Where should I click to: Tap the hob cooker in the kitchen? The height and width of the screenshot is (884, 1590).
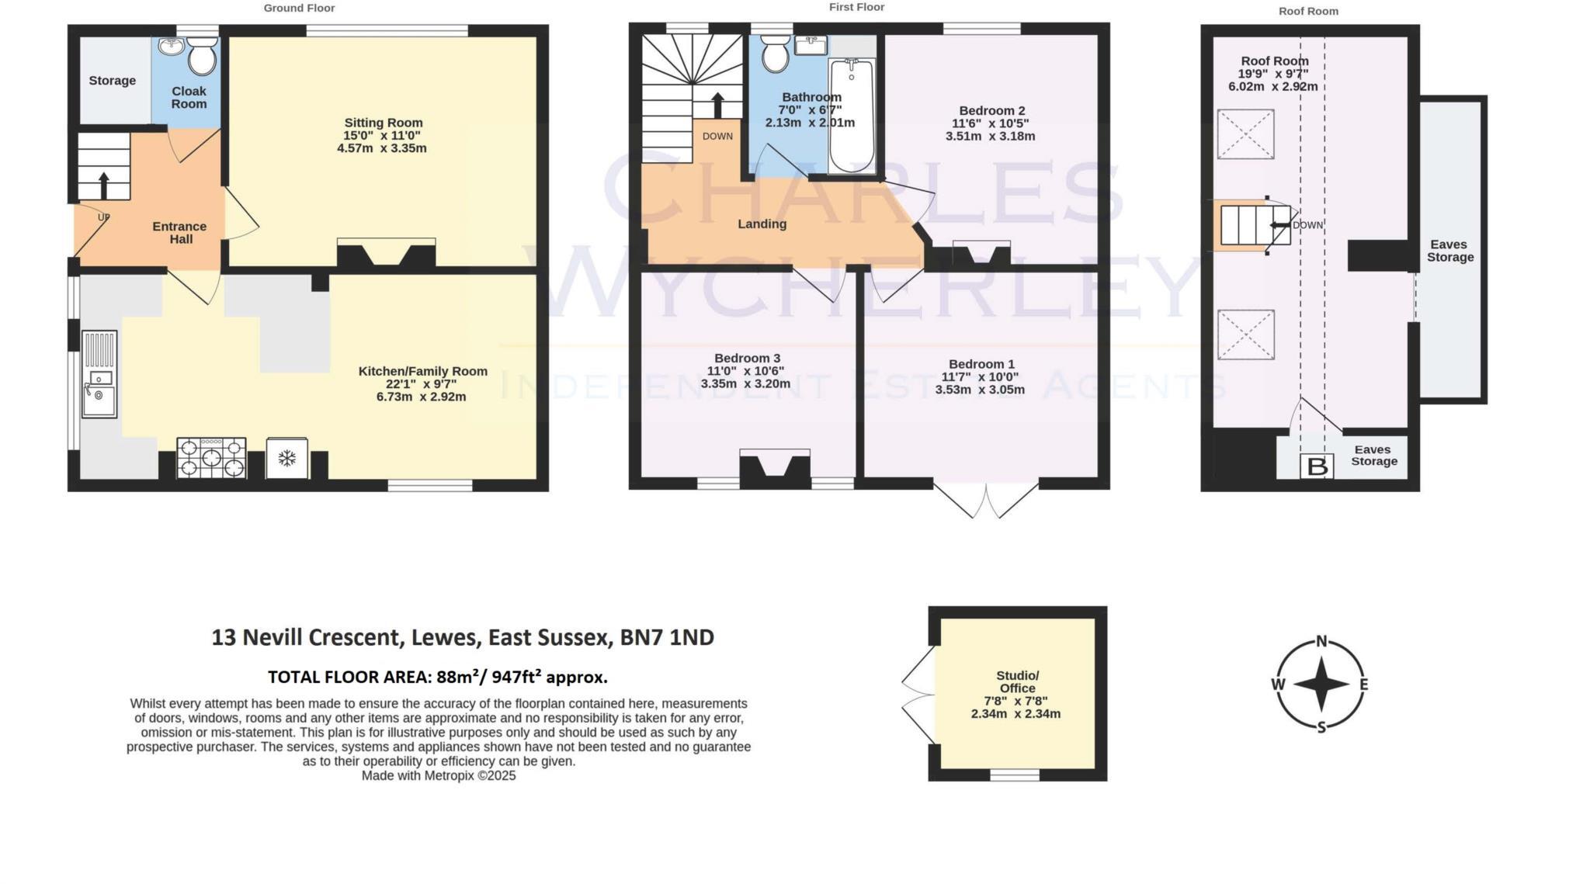[211, 458]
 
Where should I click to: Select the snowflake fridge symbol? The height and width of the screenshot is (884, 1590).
[287, 459]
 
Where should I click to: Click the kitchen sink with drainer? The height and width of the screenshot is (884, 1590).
[99, 375]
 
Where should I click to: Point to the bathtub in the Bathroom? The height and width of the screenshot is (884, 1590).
[852, 116]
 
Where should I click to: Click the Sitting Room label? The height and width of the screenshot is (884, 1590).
[384, 123]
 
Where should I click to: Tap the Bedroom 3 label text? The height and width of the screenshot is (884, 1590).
[747, 358]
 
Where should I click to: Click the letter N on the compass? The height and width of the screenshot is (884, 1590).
[1321, 642]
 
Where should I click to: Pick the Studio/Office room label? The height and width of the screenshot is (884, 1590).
[1017, 681]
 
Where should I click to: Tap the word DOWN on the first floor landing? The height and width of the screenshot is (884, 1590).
[717, 137]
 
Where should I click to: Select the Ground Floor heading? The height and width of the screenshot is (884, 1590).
[299, 9]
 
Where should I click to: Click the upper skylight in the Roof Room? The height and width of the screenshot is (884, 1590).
[1245, 134]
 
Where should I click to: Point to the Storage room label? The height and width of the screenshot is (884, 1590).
[112, 81]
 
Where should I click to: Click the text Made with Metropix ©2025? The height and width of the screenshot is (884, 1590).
[439, 775]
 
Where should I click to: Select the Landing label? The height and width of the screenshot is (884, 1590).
[762, 224]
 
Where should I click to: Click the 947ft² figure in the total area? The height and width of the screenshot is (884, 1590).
[516, 677]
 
